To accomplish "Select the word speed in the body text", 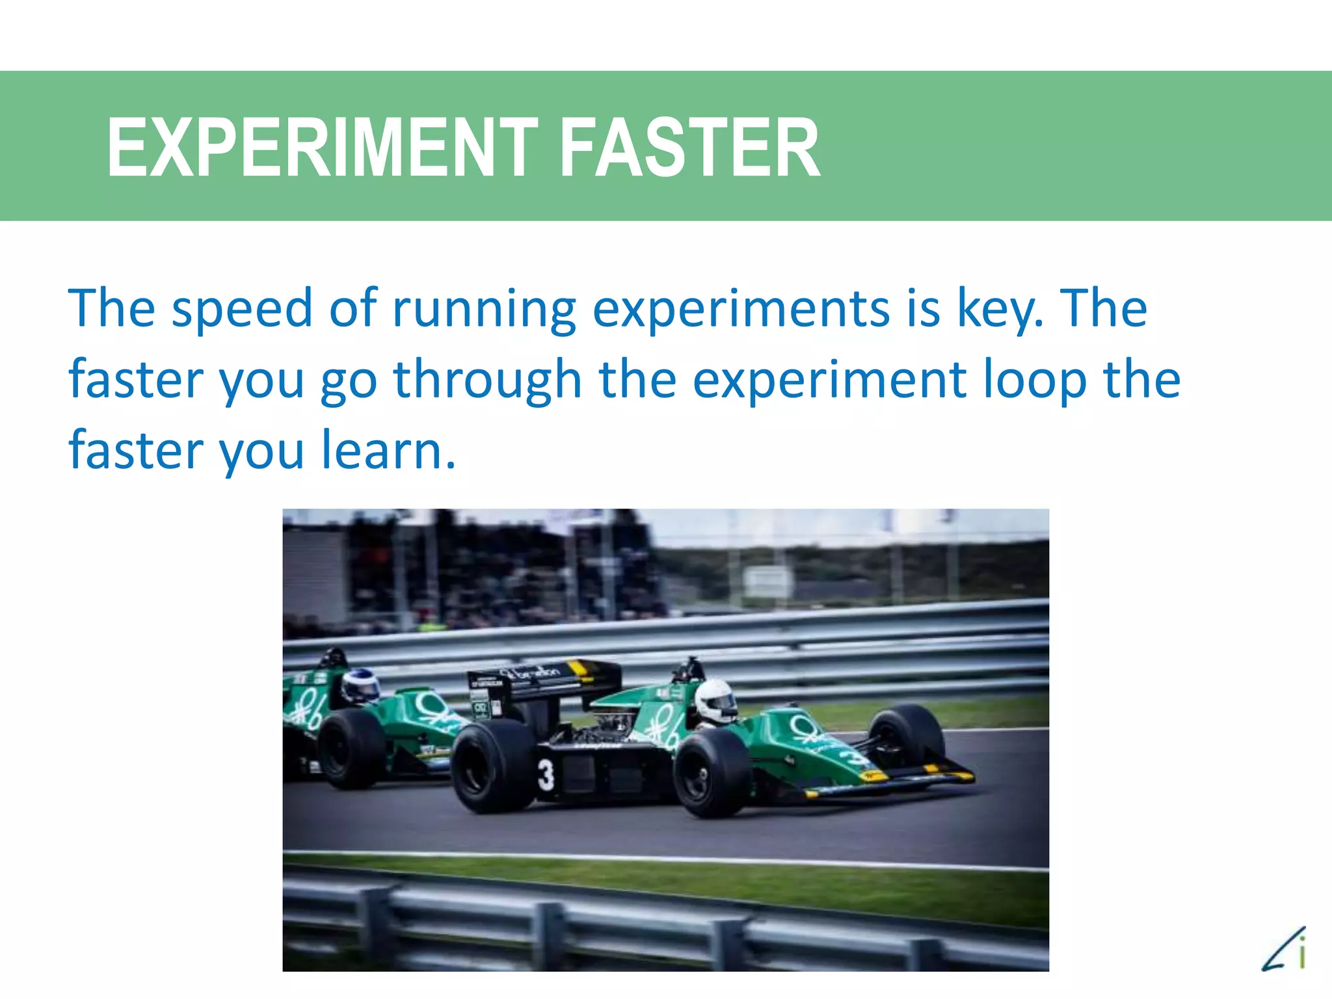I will click(242, 308).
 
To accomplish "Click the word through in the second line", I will click(488, 379).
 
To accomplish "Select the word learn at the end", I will click(388, 450).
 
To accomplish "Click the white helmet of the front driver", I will click(715, 700).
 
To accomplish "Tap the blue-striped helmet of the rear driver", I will click(360, 686).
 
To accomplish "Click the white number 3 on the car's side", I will click(546, 775).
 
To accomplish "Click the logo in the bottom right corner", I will click(1285, 950).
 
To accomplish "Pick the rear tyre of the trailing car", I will click(351, 748).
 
